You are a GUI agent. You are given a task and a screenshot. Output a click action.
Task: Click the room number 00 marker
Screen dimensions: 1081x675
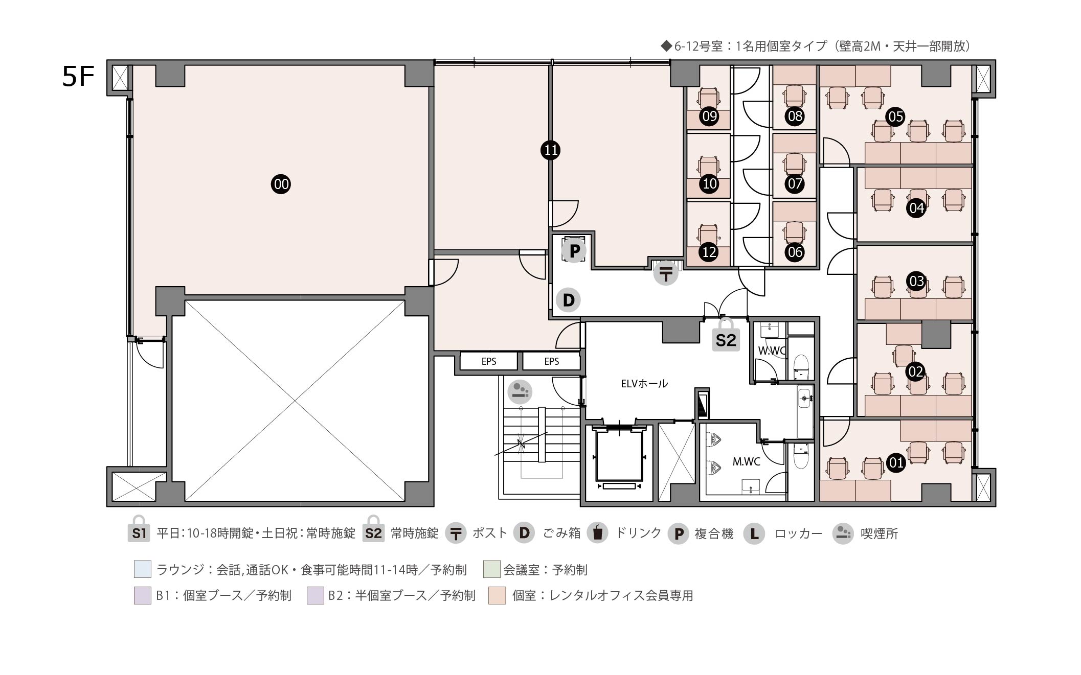click(x=281, y=184)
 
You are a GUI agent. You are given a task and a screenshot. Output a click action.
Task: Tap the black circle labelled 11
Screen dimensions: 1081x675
click(x=551, y=150)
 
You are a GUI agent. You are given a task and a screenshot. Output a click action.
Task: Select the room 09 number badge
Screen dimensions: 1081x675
click(x=709, y=117)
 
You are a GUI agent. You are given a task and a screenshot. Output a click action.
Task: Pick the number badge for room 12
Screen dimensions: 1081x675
click(x=709, y=252)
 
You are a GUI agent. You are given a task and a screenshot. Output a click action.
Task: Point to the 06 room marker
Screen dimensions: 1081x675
click(x=795, y=252)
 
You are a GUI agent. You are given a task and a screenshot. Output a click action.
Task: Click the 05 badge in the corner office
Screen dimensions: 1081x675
click(x=895, y=117)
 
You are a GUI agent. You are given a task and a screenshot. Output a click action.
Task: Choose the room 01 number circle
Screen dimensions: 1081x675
click(x=896, y=463)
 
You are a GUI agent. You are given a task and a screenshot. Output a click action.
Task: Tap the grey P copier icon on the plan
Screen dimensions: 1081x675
click(x=574, y=251)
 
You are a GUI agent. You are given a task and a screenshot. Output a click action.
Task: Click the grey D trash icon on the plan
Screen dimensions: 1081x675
click(x=569, y=300)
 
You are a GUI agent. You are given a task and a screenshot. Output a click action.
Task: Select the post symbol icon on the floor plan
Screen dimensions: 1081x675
click(x=666, y=273)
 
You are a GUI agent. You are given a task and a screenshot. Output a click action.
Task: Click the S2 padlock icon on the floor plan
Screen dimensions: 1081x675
click(x=726, y=335)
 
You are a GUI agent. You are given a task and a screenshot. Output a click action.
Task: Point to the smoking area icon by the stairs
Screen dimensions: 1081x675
click(x=520, y=392)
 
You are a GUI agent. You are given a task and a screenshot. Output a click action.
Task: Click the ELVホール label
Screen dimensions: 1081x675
click(x=644, y=383)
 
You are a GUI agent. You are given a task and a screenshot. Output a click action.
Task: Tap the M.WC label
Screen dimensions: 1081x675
click(x=746, y=462)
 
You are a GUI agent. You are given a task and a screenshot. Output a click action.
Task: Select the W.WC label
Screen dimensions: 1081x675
click(x=772, y=351)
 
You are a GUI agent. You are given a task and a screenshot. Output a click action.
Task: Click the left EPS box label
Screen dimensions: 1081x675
click(x=489, y=361)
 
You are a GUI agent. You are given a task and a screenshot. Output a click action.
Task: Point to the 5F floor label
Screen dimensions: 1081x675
click(x=78, y=77)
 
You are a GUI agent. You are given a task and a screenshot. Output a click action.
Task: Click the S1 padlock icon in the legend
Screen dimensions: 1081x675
click(x=139, y=529)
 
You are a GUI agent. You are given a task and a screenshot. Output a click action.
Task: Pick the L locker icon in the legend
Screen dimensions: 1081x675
click(x=754, y=533)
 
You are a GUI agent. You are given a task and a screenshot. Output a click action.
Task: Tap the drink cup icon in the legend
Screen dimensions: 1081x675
click(x=597, y=533)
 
